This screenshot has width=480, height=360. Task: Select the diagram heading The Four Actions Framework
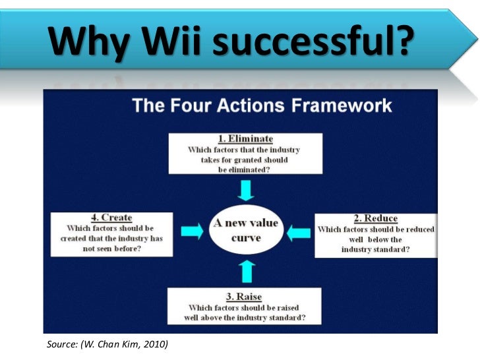(x=262, y=105)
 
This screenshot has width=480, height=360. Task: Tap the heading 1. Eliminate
(x=245, y=140)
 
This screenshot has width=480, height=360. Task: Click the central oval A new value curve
(x=245, y=230)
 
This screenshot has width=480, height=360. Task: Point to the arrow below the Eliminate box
(x=245, y=190)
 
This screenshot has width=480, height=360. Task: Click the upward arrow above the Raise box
(x=246, y=270)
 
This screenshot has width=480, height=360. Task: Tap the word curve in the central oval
(x=245, y=237)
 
